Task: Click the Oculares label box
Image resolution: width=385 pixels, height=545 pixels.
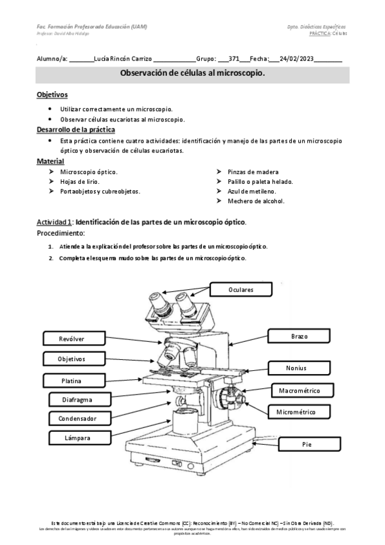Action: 241,290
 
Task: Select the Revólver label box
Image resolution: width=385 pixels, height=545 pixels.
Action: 72,339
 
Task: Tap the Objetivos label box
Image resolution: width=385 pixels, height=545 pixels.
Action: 72,359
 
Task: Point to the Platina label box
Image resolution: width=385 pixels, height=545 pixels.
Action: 72,380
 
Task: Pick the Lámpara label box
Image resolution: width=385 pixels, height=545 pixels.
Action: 78,438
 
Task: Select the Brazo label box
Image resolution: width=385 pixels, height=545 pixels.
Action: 300,336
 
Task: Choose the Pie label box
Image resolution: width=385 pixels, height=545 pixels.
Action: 306,444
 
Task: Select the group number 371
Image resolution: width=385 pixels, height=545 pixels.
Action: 234,58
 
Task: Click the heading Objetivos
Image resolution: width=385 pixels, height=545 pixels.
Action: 52,94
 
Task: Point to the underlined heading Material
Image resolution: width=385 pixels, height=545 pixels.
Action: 50,161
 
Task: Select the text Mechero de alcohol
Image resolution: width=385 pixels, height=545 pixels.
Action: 256,201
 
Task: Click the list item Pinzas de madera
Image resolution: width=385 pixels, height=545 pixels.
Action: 253,172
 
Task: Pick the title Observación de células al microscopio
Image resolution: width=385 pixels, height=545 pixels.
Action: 193,75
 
